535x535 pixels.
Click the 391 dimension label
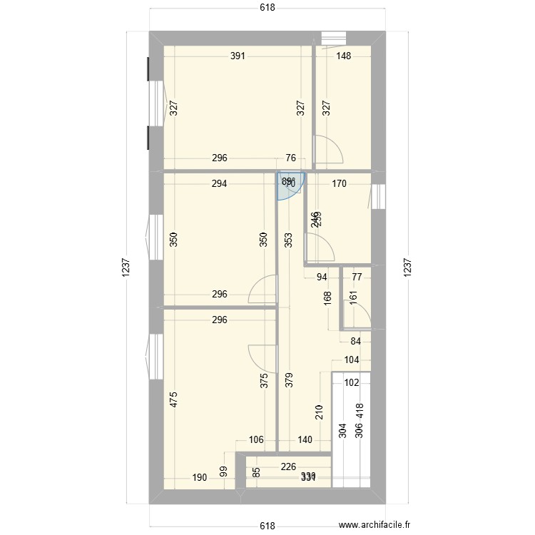(x=238, y=56)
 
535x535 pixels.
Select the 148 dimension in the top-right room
(x=343, y=56)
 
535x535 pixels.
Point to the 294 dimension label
(x=219, y=183)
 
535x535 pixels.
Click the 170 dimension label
(x=339, y=183)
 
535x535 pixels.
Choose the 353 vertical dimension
(x=288, y=240)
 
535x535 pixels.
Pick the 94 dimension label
(x=322, y=277)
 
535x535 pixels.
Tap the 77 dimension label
(x=357, y=277)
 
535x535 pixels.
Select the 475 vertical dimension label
(x=173, y=399)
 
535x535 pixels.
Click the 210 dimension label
(x=319, y=412)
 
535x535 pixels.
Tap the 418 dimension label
(x=360, y=410)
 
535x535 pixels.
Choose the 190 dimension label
(x=200, y=477)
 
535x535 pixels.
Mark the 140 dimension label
(x=305, y=440)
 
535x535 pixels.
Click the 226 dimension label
(x=289, y=468)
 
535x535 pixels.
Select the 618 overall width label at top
(x=267, y=8)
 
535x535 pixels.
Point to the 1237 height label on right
(x=407, y=267)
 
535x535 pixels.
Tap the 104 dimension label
(x=352, y=361)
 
